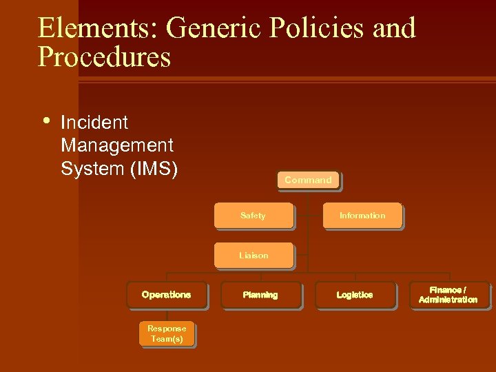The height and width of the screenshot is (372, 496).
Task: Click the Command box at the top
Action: click(308, 180)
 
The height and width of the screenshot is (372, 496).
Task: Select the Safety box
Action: click(253, 216)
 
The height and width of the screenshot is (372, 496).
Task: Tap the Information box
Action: click(362, 216)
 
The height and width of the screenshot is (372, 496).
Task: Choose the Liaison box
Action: click(253, 256)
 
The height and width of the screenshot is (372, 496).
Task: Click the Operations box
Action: click(166, 295)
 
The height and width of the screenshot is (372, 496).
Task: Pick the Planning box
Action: click(260, 295)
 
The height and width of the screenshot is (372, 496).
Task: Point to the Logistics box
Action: click(355, 295)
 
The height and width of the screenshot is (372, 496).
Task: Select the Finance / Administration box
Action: click(448, 295)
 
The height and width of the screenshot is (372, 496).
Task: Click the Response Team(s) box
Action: click(166, 334)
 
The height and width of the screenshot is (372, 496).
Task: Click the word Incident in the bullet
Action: click(94, 123)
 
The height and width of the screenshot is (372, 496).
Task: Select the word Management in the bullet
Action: click(117, 146)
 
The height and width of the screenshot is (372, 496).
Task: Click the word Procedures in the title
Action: click(104, 57)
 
